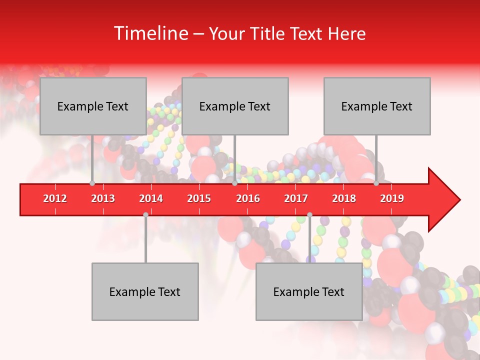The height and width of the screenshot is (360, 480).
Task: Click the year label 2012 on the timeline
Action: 55,198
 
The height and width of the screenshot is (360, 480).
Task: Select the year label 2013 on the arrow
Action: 103,198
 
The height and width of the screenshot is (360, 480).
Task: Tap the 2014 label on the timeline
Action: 151,198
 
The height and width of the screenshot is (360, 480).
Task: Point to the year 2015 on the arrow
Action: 199,198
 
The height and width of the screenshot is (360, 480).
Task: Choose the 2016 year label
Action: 248,198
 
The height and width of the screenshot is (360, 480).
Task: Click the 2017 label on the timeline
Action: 296,198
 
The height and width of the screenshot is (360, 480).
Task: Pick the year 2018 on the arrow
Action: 344,198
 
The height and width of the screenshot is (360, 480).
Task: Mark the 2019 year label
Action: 392,198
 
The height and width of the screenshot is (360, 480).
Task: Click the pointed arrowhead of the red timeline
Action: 445,200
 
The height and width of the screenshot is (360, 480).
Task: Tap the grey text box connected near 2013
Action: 93,106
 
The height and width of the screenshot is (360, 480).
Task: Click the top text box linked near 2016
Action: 235,106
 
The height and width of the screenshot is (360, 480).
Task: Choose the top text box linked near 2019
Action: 377,106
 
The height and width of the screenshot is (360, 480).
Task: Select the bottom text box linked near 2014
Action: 145,291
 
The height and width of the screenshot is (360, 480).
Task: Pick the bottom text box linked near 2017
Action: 309,291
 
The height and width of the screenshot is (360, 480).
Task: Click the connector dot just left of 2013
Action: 92,183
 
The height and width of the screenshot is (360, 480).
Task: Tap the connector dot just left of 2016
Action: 235,183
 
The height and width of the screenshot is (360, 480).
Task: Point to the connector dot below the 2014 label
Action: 145,214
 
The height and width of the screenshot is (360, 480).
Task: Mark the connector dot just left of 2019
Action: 376,183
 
